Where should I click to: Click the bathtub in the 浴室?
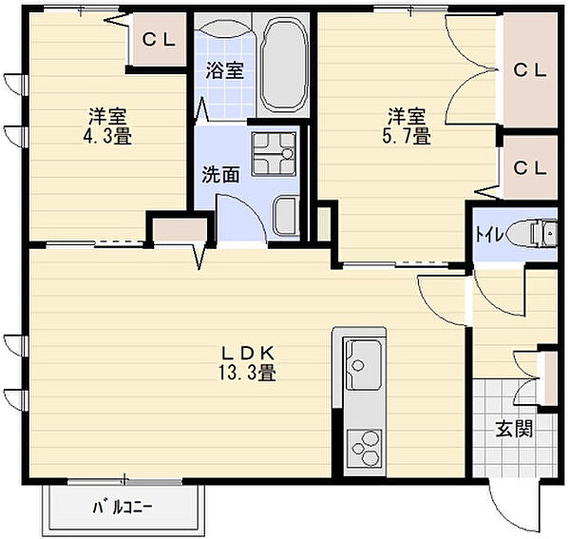[284, 65]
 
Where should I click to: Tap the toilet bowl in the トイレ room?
[532, 232]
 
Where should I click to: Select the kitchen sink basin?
[363, 365]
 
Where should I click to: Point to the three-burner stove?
[364, 449]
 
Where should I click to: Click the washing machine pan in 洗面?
[275, 154]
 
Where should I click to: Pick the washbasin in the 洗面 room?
[286, 217]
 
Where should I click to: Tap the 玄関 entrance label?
[514, 429]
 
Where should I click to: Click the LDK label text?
[247, 352]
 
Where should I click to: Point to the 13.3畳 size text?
[247, 372]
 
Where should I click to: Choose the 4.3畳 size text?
[107, 136]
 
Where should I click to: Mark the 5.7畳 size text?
[407, 136]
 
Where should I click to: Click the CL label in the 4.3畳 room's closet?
[159, 40]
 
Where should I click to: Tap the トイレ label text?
[489, 235]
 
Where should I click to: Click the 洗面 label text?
[220, 175]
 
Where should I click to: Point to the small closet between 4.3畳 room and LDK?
[180, 230]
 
